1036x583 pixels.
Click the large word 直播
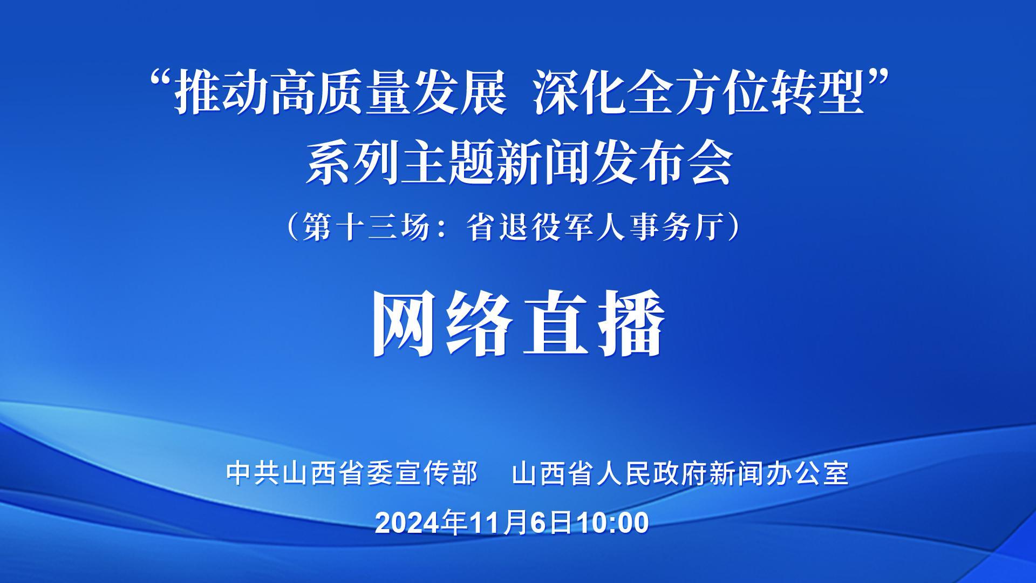[593, 323]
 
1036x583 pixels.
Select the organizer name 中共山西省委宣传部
[352, 473]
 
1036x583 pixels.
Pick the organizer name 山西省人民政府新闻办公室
[680, 473]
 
